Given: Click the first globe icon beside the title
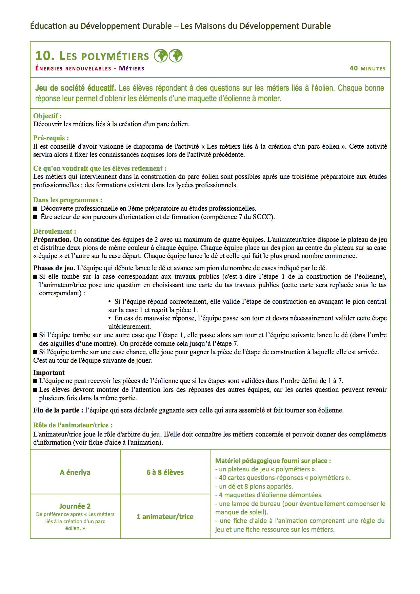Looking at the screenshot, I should (x=161, y=56).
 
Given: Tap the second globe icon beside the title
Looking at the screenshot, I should (x=176, y=56).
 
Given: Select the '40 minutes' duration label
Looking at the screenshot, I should (x=367, y=68).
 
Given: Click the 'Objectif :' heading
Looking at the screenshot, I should (x=47, y=116).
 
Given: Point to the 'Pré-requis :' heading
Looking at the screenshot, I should (x=51, y=138).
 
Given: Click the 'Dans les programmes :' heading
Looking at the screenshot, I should (x=67, y=200).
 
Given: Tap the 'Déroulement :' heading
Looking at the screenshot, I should (x=55, y=231).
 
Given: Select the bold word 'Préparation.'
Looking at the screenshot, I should (x=52, y=239).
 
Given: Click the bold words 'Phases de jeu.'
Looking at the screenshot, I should (x=54, y=268).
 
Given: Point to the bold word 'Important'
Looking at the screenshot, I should (x=49, y=373).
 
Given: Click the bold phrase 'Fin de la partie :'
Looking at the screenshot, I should (x=58, y=410).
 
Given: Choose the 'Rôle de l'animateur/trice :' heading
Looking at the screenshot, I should (x=73, y=425).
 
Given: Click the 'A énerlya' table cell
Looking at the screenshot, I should (x=75, y=472).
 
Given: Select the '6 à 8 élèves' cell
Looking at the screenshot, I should (x=165, y=472).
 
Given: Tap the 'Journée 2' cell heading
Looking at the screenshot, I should (x=75, y=506).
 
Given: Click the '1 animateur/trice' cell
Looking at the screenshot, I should (x=165, y=516).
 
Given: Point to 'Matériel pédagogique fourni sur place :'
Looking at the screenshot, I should (x=273, y=461).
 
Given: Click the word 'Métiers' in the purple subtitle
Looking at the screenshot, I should (x=132, y=68).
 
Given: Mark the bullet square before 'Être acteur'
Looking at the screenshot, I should (x=35, y=217).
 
